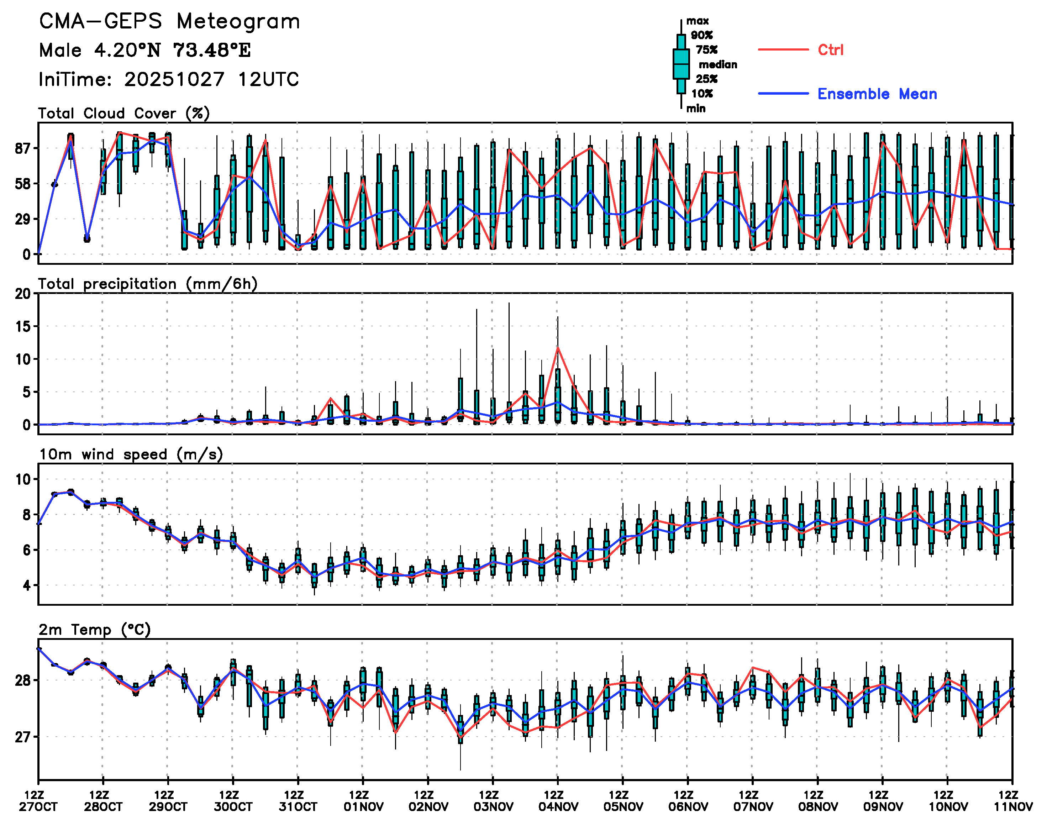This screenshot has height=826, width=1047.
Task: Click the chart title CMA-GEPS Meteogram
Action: pos(169,22)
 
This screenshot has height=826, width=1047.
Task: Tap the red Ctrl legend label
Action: pos(830,50)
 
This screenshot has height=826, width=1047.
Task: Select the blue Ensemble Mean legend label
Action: pos(877,94)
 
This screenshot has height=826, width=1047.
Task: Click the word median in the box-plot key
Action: pos(718,65)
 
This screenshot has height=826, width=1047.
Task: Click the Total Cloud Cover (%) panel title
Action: pos(124,114)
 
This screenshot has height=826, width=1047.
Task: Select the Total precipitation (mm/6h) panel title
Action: pos(147,284)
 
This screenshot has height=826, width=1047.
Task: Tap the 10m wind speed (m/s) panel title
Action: pos(131,454)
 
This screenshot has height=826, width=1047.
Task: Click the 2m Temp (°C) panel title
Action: pos(95,630)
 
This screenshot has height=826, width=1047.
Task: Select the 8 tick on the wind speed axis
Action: pos(26,515)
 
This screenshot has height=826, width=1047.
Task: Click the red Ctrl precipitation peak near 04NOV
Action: pos(558,347)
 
